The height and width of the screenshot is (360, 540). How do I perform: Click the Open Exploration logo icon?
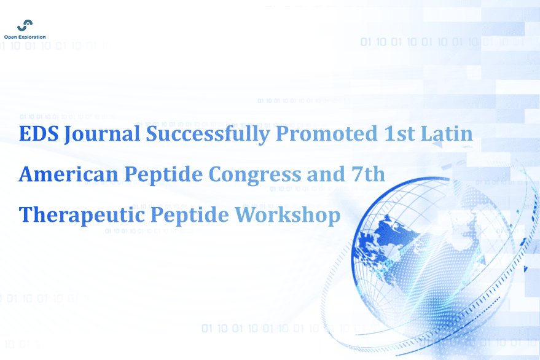pyautogui.click(x=25, y=25)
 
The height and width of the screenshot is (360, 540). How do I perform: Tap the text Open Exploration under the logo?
pyautogui.click(x=25, y=37)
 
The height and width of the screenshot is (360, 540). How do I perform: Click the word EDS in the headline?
pyautogui.click(x=39, y=134)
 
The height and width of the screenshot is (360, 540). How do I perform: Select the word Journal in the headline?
pyautogui.click(x=102, y=135)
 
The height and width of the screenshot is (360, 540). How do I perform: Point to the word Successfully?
pyautogui.click(x=208, y=135)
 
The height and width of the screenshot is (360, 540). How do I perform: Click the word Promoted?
pyautogui.click(x=326, y=135)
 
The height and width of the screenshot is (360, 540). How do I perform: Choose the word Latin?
pyautogui.click(x=447, y=134)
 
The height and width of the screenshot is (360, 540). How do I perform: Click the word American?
pyautogui.click(x=69, y=174)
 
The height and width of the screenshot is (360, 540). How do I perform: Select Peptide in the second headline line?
pyautogui.click(x=163, y=175)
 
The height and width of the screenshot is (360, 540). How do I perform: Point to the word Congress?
pyautogui.click(x=255, y=176)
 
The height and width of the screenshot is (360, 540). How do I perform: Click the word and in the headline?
pyautogui.click(x=326, y=174)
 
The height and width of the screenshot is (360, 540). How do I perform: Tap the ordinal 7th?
pyautogui.click(x=368, y=174)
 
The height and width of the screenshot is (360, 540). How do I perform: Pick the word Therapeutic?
pyautogui.click(x=82, y=215)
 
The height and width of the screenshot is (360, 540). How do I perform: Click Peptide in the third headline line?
pyautogui.click(x=190, y=215)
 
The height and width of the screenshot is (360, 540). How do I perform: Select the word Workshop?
pyautogui.click(x=288, y=215)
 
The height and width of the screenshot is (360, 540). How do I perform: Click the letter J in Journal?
pyautogui.click(x=68, y=135)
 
